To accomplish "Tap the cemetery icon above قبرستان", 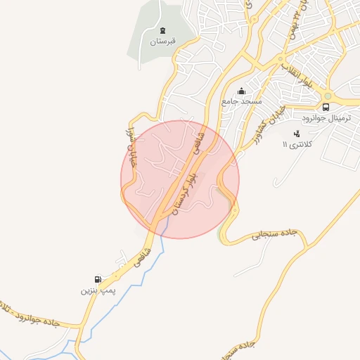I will [163, 30].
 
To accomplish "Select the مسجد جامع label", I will [241, 102].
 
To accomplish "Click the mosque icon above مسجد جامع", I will [242, 91].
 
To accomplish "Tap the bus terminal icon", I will [326, 107].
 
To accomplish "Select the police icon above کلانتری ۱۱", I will [297, 134].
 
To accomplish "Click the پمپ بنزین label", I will [96, 289].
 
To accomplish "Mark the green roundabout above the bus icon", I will [328, 96].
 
